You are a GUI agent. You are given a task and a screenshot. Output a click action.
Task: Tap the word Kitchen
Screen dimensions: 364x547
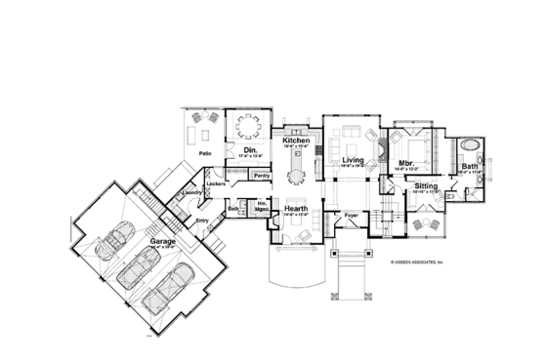pos(296,142)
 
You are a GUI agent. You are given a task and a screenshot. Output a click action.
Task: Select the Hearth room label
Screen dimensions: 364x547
pos(297,208)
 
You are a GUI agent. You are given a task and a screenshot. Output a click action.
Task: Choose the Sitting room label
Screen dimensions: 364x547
pos(426,184)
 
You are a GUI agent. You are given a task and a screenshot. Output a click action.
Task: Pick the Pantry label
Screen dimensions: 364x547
pos(261,175)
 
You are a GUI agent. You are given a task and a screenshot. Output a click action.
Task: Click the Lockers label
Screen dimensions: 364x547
pos(217,183)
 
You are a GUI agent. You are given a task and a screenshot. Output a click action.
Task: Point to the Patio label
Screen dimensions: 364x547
pos(205,153)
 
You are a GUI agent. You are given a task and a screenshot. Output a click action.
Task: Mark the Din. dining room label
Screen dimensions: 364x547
pos(249,148)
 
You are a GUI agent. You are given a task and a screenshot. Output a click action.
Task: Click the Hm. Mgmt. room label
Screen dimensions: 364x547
pos(261,209)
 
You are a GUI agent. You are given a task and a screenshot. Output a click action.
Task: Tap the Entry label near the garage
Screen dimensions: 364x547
pos(202,220)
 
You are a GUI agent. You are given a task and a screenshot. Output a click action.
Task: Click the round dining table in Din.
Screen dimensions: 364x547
pos(249,128)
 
